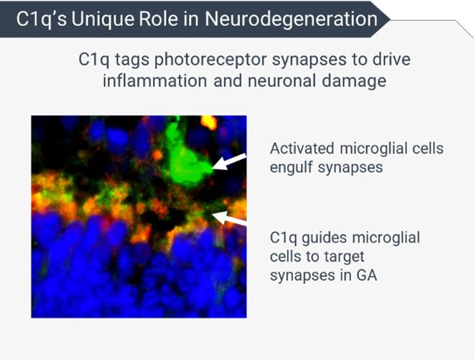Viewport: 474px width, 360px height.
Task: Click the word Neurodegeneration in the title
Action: pos(291,19)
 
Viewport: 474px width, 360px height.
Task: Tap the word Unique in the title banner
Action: pos(102,19)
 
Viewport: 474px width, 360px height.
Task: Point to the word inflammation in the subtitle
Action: pos(155,80)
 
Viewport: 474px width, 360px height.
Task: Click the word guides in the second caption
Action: pos(324,238)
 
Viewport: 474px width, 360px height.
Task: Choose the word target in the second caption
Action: pos(344,257)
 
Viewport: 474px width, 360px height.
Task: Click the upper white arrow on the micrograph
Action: pos(229,161)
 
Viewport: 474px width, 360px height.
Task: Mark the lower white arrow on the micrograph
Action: pos(229,218)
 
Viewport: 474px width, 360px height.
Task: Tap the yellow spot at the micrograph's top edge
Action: pos(209,122)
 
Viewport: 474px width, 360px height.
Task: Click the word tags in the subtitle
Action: pos(132,60)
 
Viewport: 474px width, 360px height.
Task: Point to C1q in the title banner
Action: pos(41,20)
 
